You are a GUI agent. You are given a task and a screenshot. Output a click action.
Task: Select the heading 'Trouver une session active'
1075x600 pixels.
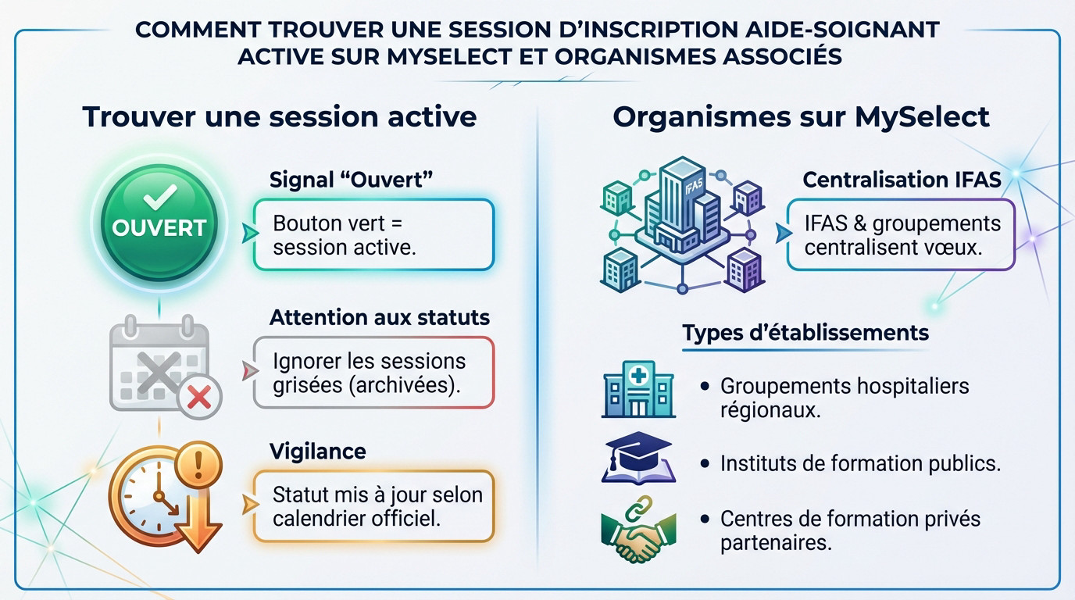click(x=279, y=116)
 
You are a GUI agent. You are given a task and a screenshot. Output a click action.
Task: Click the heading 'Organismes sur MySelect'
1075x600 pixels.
click(x=801, y=116)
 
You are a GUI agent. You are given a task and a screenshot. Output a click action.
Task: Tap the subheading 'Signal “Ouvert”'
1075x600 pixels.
click(x=351, y=179)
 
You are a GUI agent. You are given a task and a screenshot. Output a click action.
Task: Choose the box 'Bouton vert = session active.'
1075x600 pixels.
click(x=374, y=235)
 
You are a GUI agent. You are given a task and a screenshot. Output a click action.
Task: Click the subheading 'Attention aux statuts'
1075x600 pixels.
click(x=380, y=317)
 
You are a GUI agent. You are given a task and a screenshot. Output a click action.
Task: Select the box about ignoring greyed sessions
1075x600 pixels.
click(x=374, y=373)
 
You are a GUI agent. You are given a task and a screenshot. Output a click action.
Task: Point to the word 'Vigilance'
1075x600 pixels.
click(x=317, y=451)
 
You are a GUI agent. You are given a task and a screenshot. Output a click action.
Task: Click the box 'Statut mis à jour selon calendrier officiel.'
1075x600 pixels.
click(x=374, y=506)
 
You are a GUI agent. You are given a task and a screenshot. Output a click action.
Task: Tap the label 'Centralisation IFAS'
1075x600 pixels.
click(x=902, y=179)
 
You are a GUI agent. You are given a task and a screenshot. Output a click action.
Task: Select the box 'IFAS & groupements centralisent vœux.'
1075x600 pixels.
click(x=901, y=235)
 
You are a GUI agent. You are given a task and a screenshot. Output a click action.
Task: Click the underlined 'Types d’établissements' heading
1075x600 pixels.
click(x=805, y=333)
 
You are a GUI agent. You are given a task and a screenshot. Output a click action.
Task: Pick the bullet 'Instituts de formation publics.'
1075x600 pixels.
click(x=859, y=463)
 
